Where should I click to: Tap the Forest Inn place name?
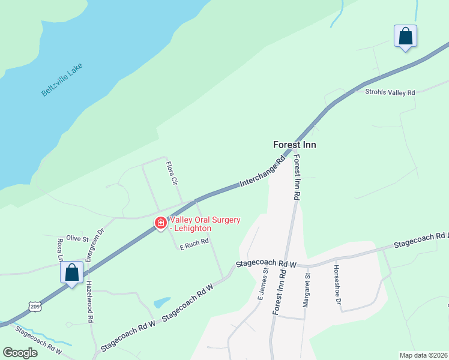294,145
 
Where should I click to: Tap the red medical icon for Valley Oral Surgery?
160,223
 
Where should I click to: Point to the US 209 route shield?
35,307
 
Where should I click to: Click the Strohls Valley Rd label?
390,92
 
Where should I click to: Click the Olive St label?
77,238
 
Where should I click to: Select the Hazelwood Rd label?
89,302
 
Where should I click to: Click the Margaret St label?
306,290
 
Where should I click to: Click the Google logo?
20,353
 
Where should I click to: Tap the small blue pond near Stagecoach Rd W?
161,302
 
